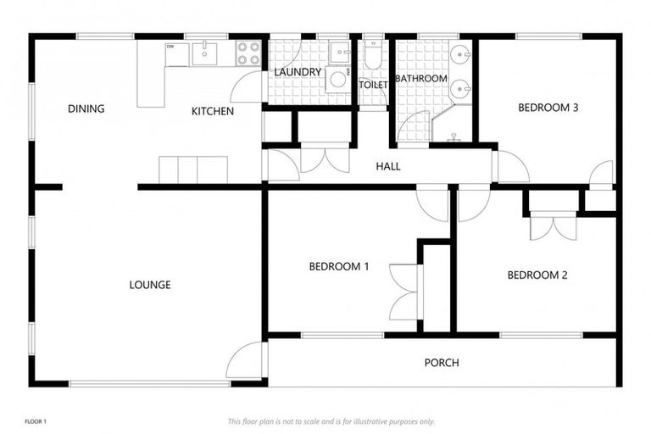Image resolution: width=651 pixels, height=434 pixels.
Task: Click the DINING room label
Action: point(86,108)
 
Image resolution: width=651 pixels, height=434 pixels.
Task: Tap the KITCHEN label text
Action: point(212,111)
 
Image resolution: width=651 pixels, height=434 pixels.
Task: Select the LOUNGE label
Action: point(150,285)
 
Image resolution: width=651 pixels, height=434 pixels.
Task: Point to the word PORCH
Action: point(441,363)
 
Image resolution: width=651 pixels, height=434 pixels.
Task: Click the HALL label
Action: point(388,167)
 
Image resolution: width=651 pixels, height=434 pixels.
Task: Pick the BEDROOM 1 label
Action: point(338,266)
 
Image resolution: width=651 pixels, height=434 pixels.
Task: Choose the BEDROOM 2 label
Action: point(537,275)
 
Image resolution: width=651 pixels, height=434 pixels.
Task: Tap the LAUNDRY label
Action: point(297,72)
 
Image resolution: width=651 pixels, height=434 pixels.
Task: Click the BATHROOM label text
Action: point(420,79)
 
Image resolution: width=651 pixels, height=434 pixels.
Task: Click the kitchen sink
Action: point(205,53)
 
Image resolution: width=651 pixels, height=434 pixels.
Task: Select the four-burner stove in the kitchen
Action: point(248,53)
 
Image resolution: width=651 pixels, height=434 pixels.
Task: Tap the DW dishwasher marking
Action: point(171,47)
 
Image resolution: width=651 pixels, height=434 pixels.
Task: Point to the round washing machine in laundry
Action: point(337,80)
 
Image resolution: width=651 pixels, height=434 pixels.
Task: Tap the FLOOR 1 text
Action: point(36,421)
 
